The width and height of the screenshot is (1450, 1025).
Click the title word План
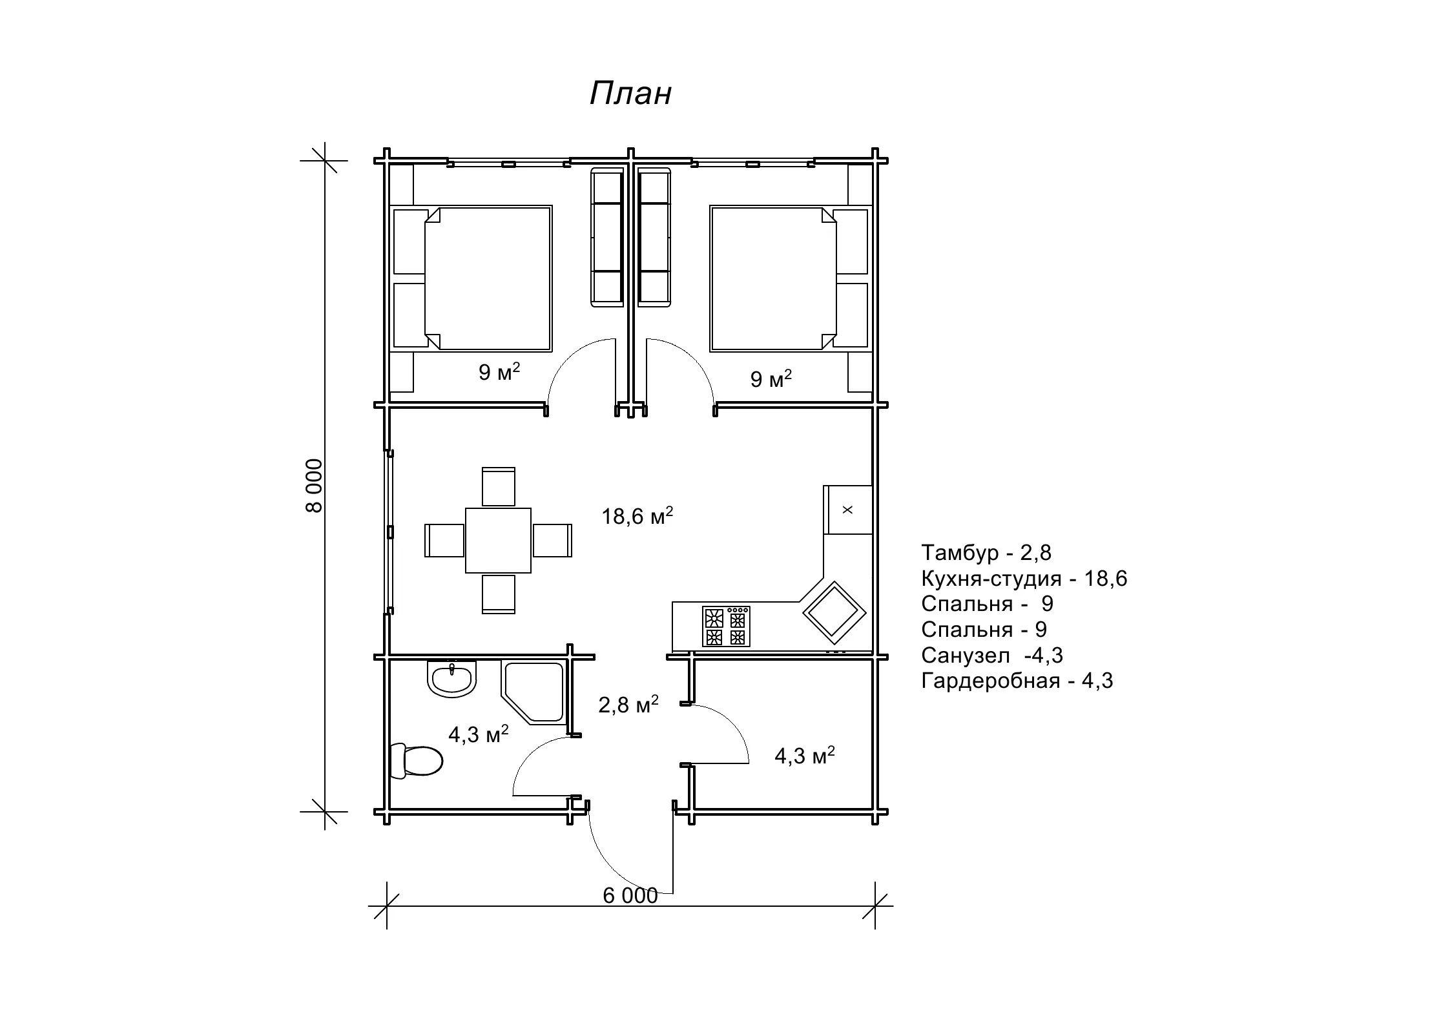(630, 94)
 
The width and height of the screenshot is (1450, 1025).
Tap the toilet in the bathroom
(417, 761)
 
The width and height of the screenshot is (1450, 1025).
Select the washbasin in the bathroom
(452, 679)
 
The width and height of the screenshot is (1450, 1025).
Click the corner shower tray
(533, 691)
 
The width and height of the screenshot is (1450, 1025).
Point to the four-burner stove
(727, 626)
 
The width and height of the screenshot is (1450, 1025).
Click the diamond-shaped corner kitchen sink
(834, 612)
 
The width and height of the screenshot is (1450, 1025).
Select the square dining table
(499, 541)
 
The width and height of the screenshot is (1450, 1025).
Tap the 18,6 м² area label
(637, 516)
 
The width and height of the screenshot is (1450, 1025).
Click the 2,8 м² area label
(628, 704)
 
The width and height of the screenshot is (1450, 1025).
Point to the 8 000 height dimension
(314, 485)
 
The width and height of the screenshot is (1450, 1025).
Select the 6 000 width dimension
(630, 896)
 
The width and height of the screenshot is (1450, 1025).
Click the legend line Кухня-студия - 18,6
(1024, 578)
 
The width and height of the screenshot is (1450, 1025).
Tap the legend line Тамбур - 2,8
(986, 552)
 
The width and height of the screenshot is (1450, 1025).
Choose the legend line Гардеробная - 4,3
(1017, 681)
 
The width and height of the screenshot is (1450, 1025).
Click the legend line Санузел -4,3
(992, 655)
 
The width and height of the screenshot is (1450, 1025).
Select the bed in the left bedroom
(472, 279)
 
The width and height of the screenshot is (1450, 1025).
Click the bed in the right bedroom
(789, 279)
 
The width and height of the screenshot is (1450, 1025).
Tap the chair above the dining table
(499, 486)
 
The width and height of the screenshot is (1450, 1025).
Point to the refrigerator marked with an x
(847, 510)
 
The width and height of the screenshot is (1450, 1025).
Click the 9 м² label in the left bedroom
(499, 373)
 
